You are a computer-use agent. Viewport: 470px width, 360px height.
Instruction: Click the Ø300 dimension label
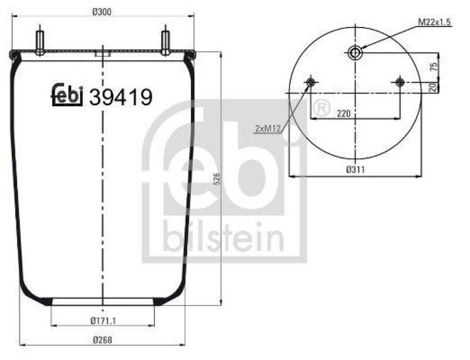tap(103, 9)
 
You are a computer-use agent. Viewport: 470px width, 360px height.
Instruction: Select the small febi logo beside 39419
tap(68, 96)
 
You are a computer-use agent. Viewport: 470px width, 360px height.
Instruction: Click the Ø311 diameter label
tap(354, 169)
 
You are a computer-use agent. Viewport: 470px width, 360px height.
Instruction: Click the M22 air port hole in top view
tap(355, 53)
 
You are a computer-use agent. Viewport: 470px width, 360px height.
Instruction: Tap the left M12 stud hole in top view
tap(310, 82)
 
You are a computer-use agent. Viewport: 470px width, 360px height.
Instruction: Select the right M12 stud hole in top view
tap(400, 82)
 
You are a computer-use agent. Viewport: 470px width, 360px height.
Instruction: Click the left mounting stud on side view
tap(40, 41)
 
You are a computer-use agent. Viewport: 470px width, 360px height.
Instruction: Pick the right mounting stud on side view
tap(166, 41)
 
